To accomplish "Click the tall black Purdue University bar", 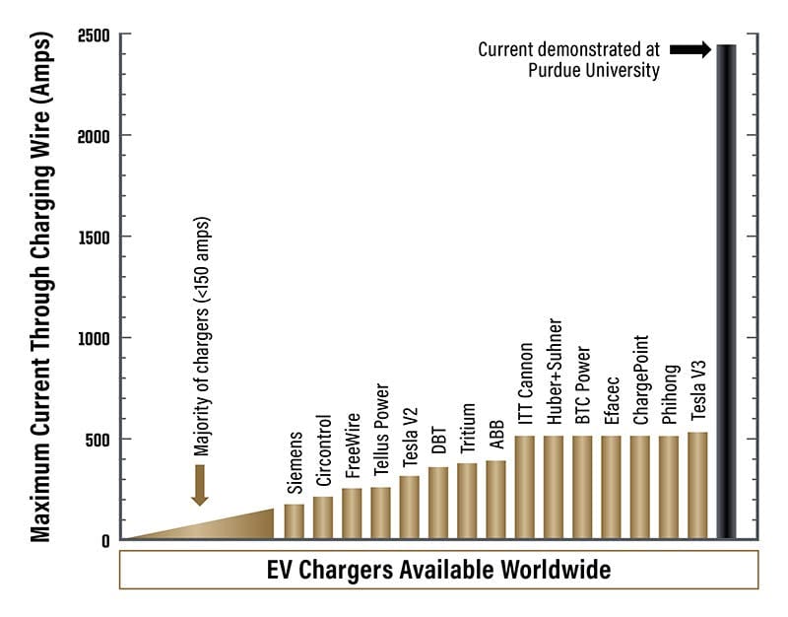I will pyautogui.click(x=726, y=296).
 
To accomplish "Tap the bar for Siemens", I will pyautogui.click(x=294, y=521).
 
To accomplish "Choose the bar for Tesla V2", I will pyautogui.click(x=409, y=507).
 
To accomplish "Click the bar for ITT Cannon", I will pyautogui.click(x=525, y=487).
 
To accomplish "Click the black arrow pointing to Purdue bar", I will pyautogui.click(x=690, y=48).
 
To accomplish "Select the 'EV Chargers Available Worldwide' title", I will pyautogui.click(x=438, y=570).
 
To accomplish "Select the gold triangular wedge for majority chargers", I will pyautogui.click(x=227, y=526).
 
